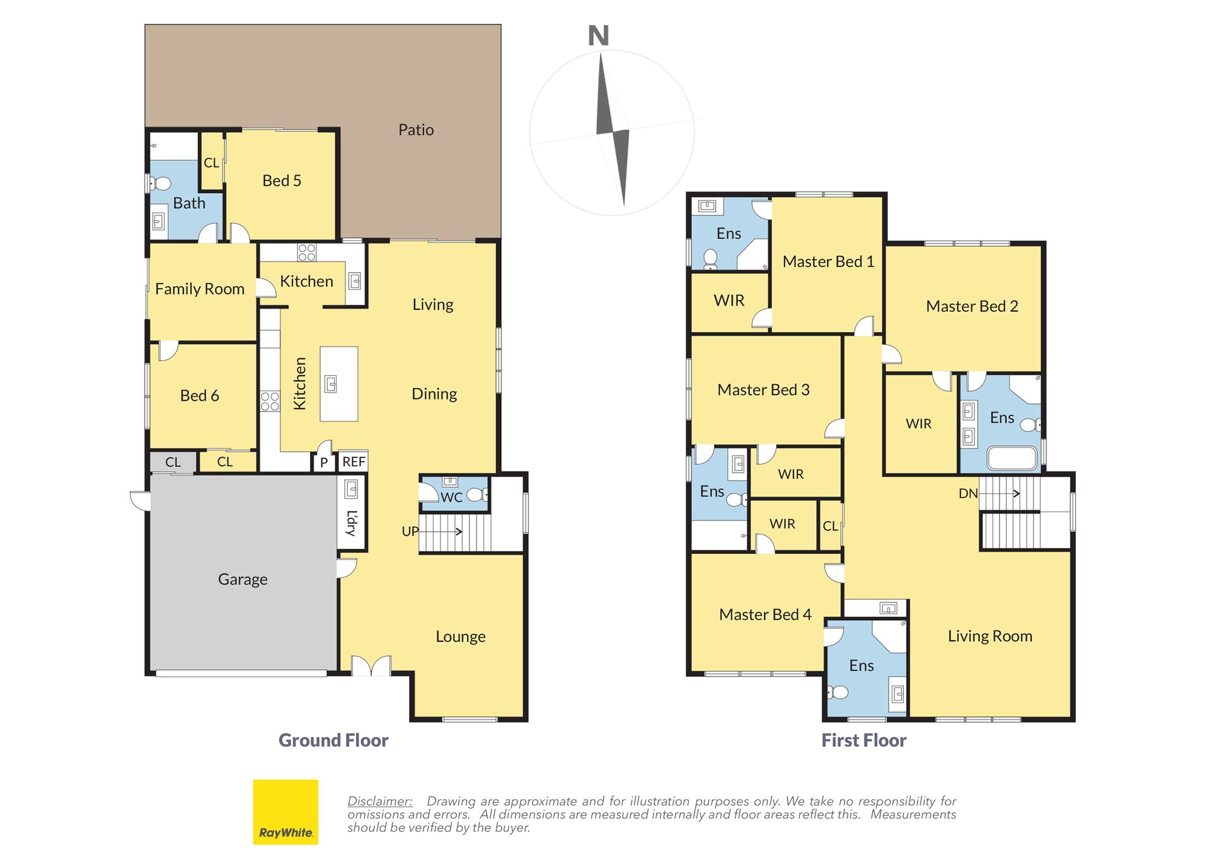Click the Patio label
pos(416,130)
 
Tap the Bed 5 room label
pos(282,181)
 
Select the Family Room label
pos(200,289)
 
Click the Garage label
pos(243,580)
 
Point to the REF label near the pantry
pos(354,462)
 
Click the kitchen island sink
pos(331,384)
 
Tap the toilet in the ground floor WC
pos(477,495)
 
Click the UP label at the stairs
pos(410,531)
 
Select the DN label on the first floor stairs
pos(968,493)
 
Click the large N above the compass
pos(599,36)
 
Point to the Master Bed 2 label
pos(972,306)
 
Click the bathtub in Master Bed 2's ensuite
pos(1011,458)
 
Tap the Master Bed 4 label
pos(765,614)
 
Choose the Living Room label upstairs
pos(990,636)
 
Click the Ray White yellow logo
pos(285,812)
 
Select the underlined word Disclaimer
pos(379,801)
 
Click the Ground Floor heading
pos(333,740)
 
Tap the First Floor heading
pos(863,740)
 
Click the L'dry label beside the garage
pos(352,522)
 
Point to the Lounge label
pos(461,637)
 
